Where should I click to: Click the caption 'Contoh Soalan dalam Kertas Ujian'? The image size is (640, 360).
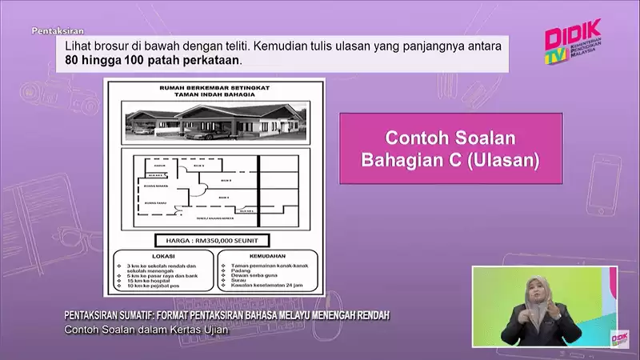tap(141, 331)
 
